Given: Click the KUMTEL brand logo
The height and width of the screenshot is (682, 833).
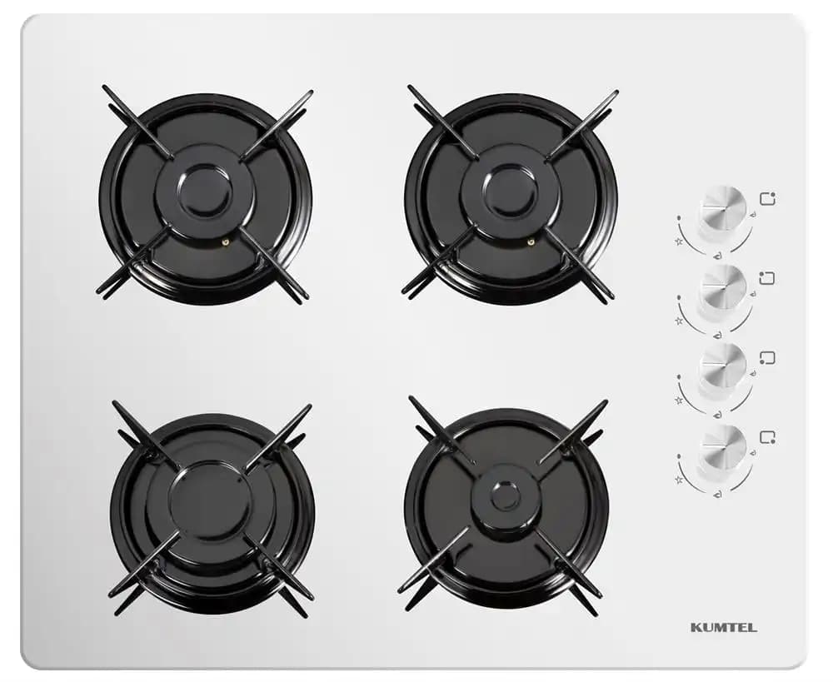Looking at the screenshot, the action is click(724, 627).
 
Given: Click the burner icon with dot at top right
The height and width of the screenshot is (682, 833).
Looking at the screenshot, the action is click(767, 198).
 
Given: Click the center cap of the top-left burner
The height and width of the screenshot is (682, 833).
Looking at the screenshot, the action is click(205, 192).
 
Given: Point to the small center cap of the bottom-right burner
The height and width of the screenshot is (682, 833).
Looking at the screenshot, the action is click(506, 496).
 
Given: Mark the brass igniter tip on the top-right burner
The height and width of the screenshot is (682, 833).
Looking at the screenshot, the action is click(531, 242).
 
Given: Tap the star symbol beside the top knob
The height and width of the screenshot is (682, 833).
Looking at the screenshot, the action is click(678, 241).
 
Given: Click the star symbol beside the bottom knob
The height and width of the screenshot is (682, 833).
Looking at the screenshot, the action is click(678, 480).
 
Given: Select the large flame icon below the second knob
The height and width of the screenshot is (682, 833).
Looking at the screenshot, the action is click(718, 335).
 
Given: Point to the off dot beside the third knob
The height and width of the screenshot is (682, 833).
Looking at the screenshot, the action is click(680, 376).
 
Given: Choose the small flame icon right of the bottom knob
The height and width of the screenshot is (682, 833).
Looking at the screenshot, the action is click(752, 454).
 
